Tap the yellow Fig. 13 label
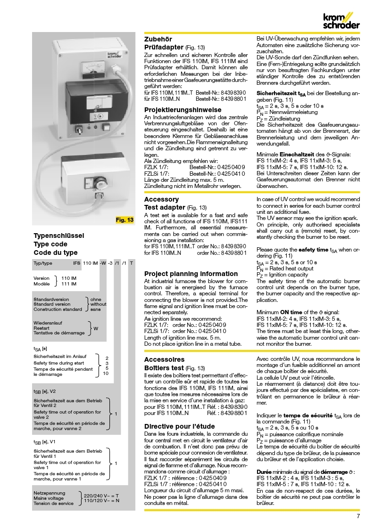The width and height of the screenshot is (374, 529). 125,220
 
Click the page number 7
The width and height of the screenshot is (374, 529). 358,515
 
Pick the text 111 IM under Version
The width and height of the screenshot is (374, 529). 69,284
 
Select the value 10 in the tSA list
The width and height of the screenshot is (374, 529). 106,373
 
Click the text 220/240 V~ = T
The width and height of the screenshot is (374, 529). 101,496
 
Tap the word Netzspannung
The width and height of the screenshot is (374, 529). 50,493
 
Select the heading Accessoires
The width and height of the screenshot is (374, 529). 164,358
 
